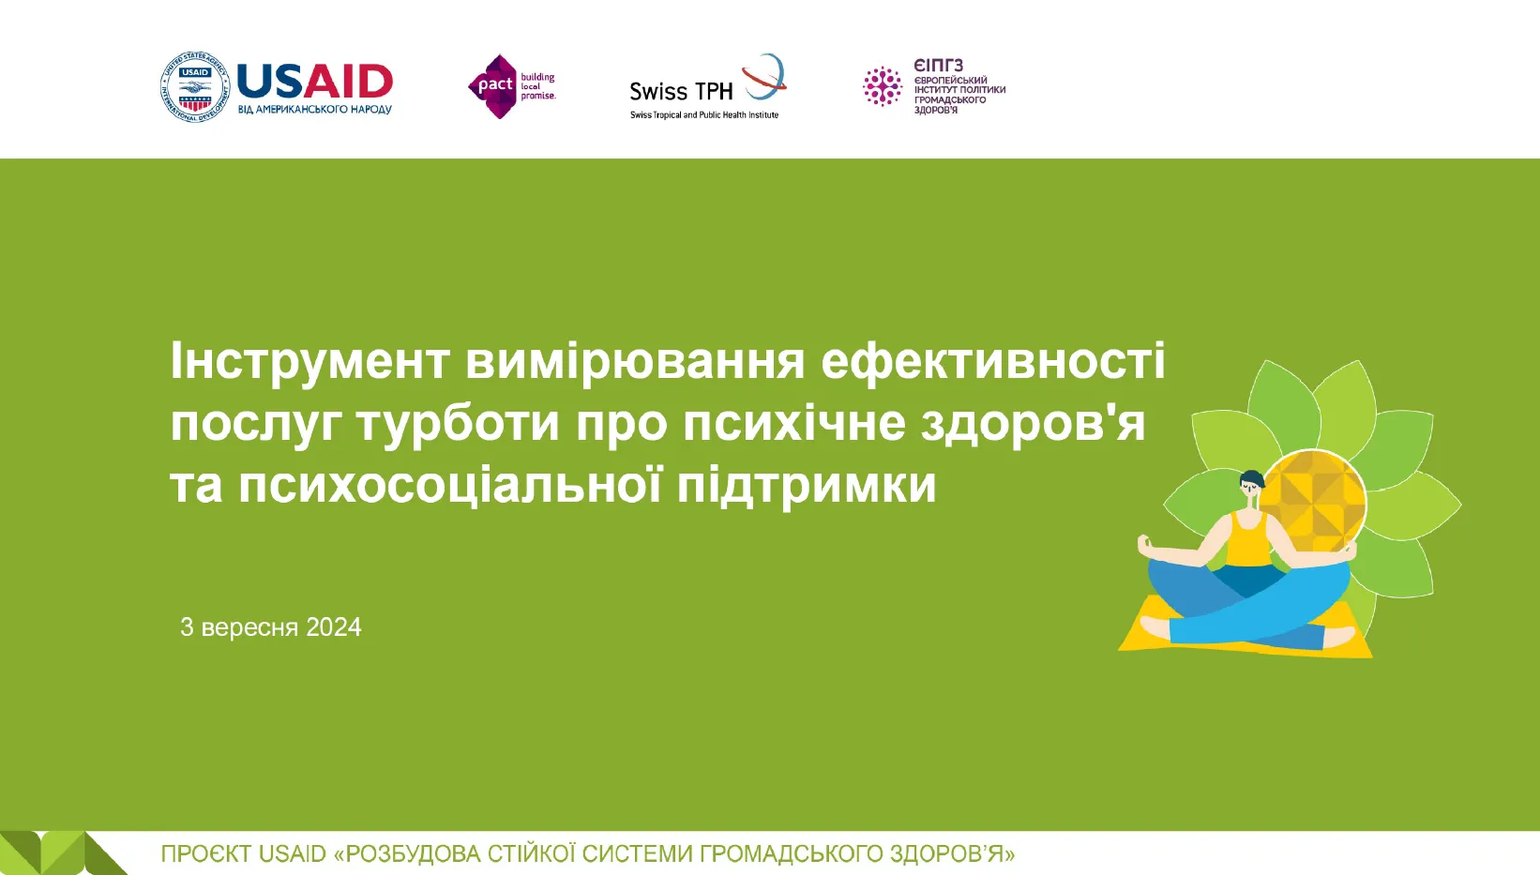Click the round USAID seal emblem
click(194, 86)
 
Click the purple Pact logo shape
click(493, 86)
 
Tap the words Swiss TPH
click(681, 91)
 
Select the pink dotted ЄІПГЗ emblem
click(882, 86)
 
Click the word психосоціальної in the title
click(449, 485)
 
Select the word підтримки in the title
click(807, 485)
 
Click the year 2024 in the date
click(334, 626)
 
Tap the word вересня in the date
click(250, 627)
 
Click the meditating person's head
click(1252, 485)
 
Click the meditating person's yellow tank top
click(1248, 540)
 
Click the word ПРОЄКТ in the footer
click(205, 853)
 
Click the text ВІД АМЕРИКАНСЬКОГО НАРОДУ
click(315, 110)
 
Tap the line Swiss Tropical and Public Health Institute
click(704, 114)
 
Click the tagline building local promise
click(537, 86)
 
